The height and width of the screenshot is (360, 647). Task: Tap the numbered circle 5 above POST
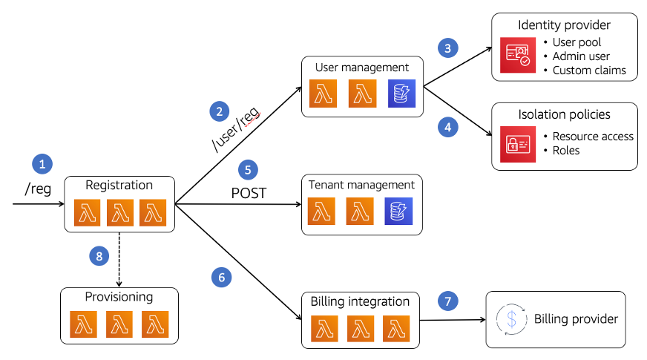click(x=248, y=168)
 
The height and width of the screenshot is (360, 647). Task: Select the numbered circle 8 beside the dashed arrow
click(x=99, y=256)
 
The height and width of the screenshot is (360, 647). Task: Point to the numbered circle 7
click(x=447, y=301)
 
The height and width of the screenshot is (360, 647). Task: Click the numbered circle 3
click(x=447, y=48)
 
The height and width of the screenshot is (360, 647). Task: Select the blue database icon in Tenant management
click(x=398, y=211)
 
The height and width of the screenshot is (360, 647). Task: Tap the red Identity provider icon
click(x=517, y=54)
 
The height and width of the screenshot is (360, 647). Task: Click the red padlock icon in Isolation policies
click(x=517, y=144)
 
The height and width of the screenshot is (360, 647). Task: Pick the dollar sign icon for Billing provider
click(x=510, y=319)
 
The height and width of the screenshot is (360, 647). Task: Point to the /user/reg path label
click(x=237, y=129)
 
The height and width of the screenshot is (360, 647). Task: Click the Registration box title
click(x=119, y=186)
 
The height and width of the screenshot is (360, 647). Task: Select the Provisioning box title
click(x=119, y=297)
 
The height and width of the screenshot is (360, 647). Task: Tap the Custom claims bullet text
click(x=589, y=71)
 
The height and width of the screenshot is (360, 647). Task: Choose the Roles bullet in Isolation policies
click(x=566, y=150)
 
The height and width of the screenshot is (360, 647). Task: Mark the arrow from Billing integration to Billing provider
click(x=453, y=320)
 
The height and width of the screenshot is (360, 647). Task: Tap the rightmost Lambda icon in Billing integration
click(x=397, y=329)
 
